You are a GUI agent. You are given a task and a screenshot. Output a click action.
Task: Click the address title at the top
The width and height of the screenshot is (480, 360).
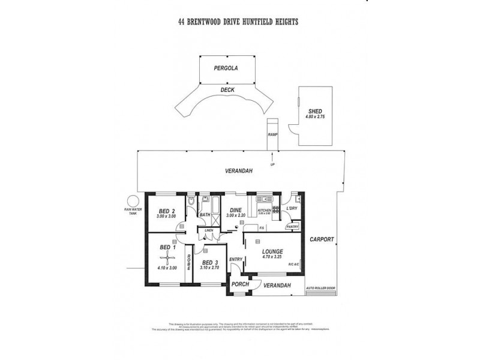point(238,22)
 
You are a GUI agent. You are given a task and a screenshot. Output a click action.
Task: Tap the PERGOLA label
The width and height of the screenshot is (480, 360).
point(226,68)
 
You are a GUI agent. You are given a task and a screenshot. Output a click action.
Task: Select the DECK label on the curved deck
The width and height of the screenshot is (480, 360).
point(227,91)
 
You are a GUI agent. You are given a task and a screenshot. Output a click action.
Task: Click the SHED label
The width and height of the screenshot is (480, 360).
point(315,112)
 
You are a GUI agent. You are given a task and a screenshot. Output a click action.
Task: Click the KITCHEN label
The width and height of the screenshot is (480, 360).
point(265,211)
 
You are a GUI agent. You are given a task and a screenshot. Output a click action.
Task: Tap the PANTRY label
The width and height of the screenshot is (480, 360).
point(292,227)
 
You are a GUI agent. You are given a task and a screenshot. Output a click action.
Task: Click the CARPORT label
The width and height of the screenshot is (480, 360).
point(322,239)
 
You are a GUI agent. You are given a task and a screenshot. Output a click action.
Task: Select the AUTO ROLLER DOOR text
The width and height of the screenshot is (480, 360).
point(321,287)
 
